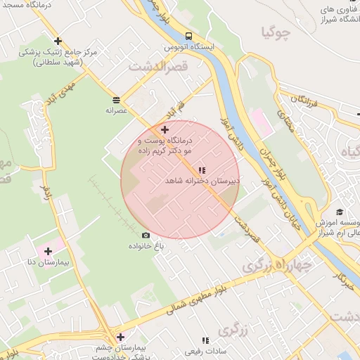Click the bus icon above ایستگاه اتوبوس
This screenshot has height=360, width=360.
click(x=188, y=35)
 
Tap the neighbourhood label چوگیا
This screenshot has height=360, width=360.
click(x=276, y=32)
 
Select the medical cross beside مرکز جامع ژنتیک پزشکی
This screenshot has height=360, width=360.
click(x=58, y=41)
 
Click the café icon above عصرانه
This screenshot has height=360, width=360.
click(x=115, y=100)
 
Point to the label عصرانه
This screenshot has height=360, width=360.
click(x=115, y=110)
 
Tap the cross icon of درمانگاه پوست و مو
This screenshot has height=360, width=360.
click(x=165, y=129)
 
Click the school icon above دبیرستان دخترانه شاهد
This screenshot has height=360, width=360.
click(x=202, y=170)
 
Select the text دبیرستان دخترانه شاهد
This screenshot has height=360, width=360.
click(x=202, y=181)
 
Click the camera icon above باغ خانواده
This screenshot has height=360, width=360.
click(x=146, y=235)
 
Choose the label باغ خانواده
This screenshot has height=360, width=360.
click(x=146, y=246)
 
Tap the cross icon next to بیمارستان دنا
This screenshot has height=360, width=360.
click(x=48, y=251)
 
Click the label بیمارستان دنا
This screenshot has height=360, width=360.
click(x=46, y=262)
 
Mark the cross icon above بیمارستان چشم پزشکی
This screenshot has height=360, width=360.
click(x=120, y=337)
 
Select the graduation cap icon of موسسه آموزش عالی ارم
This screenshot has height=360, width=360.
click(x=340, y=212)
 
